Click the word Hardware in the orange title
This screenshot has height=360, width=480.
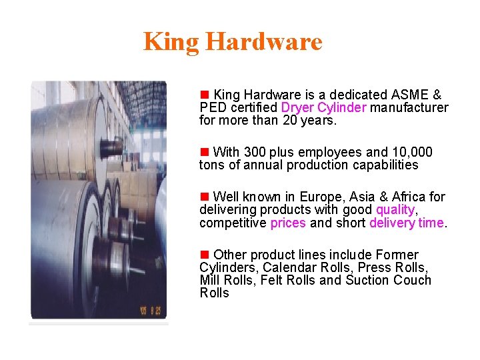[263, 41]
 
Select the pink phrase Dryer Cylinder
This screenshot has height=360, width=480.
[324, 108]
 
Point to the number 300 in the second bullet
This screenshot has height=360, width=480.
[255, 153]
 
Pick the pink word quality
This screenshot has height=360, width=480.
[395, 210]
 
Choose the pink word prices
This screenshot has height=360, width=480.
[288, 223]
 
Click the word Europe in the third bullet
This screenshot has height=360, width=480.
[319, 197]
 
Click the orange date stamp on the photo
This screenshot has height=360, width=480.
[149, 311]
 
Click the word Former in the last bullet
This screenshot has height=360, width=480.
[397, 255]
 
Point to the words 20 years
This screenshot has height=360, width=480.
[318, 121]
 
